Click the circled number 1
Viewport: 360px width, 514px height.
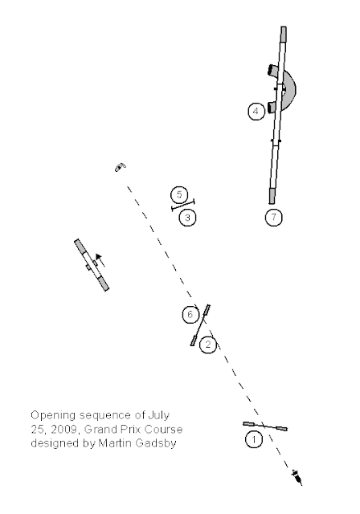254,439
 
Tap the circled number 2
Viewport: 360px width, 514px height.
208,345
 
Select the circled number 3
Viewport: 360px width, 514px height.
187,218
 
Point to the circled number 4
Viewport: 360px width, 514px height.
256,112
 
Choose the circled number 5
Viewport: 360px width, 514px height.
179,194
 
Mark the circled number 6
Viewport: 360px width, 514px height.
190,315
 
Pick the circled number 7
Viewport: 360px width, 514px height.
273,217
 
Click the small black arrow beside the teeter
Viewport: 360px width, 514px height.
100,259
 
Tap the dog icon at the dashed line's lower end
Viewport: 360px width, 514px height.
297,476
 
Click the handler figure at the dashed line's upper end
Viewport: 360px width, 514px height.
121,167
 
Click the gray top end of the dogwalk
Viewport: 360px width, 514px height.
284,34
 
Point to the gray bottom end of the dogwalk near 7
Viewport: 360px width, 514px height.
272,196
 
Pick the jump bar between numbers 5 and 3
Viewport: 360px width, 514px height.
183,206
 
